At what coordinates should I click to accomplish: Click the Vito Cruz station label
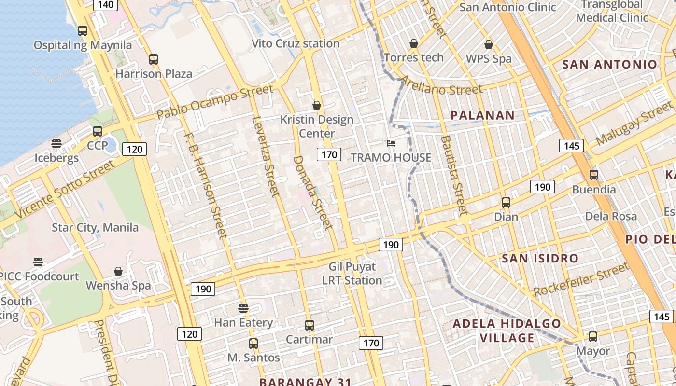[296, 44]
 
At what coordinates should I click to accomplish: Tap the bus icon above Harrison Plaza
[154, 59]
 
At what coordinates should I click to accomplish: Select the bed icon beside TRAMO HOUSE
[391, 143]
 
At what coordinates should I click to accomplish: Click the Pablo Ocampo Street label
[215, 102]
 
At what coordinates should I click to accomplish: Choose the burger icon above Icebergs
[56, 144]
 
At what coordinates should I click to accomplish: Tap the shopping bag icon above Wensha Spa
[118, 271]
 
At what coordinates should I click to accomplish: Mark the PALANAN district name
[483, 115]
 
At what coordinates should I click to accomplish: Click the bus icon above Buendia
[594, 175]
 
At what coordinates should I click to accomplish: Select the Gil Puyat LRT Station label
[352, 273]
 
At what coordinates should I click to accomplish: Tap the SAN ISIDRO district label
[540, 258]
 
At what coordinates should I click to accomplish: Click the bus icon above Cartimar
[310, 325]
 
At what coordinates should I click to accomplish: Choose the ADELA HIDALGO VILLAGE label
[507, 331]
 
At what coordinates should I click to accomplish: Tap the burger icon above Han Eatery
[243, 308]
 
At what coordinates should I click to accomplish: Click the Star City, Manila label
[95, 227]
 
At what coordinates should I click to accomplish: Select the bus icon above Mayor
[593, 337]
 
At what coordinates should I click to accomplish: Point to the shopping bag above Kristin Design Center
[317, 105]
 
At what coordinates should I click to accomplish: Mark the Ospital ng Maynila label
[83, 45]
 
